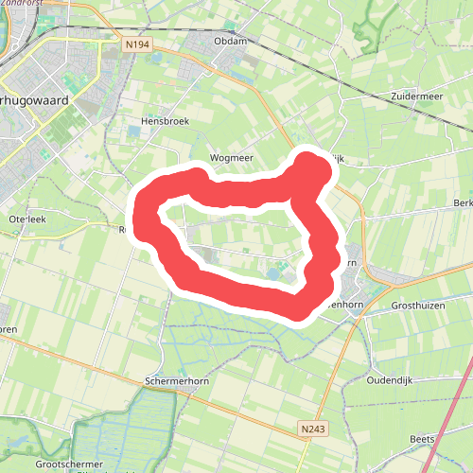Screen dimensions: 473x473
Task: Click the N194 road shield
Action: tap(136, 43)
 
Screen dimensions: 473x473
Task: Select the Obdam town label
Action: tap(231, 41)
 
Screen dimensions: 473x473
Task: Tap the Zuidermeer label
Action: tap(416, 96)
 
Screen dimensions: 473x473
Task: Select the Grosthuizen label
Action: tap(418, 307)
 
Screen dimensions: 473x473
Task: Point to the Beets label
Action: tap(423, 439)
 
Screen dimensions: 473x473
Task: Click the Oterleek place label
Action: tap(26, 219)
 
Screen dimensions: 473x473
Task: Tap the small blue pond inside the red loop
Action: tap(273, 274)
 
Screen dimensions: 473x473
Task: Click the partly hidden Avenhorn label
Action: tap(345, 305)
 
